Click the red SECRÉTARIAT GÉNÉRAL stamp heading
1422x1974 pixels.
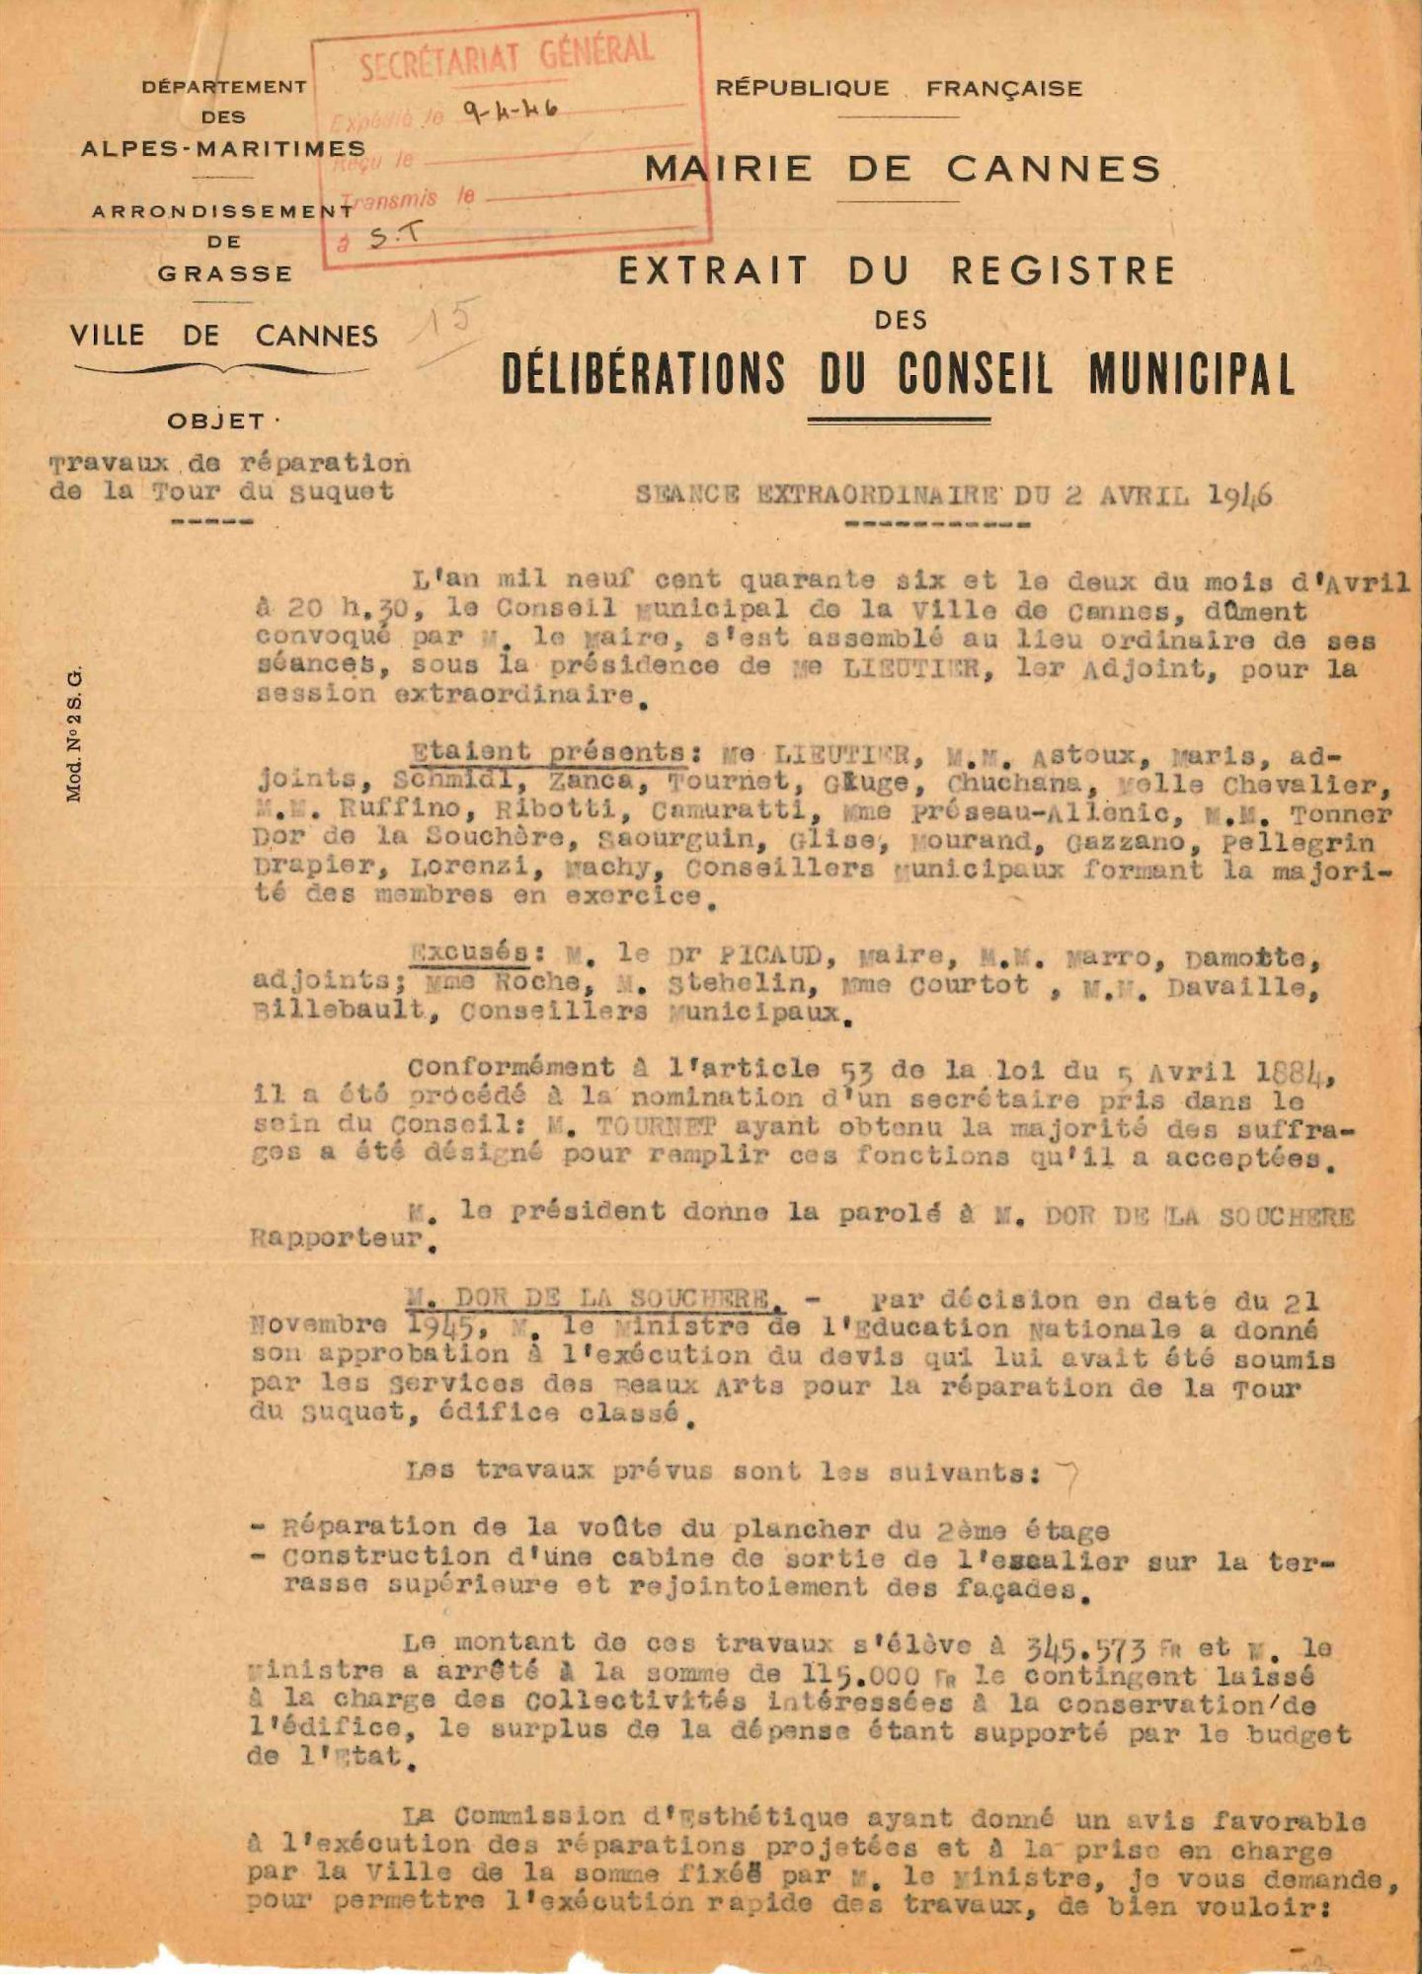click(x=506, y=57)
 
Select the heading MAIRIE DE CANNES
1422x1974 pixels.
click(x=903, y=169)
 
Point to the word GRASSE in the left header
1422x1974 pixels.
click(x=225, y=273)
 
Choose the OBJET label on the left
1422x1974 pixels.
click(x=216, y=421)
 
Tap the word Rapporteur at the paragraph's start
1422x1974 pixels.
click(x=336, y=1240)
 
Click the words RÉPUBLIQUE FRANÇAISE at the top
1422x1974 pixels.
click(x=899, y=88)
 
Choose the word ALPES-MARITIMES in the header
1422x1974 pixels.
click(x=223, y=148)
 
